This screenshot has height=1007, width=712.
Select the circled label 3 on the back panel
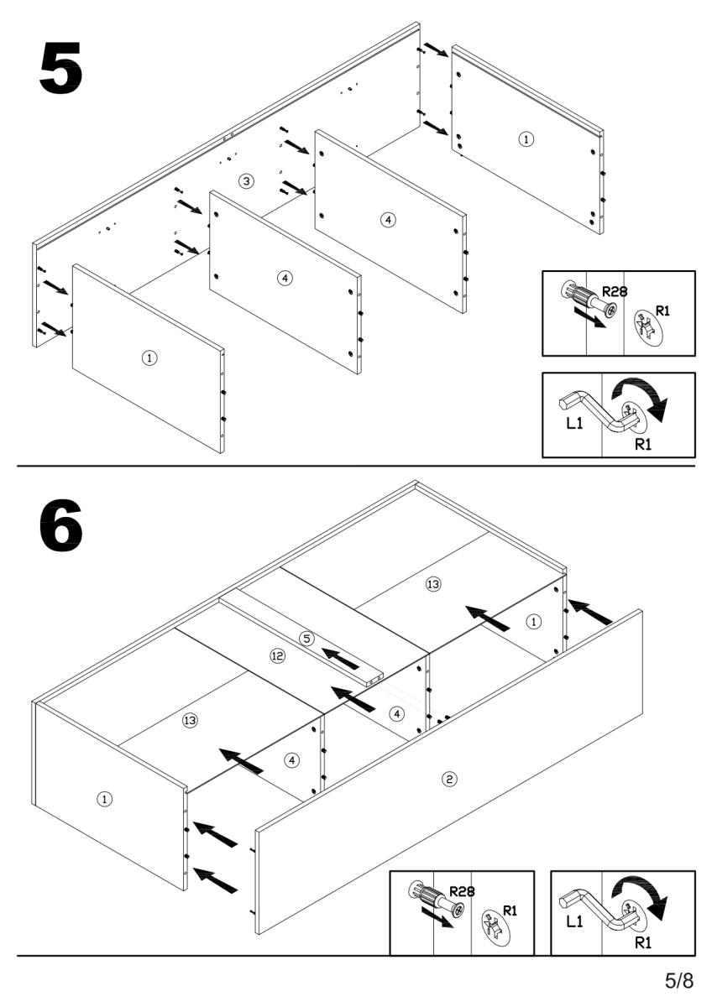point(245,181)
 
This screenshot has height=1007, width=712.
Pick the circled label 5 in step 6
point(307,639)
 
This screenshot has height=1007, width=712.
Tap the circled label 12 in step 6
point(278,655)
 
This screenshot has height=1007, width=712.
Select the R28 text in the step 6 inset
point(462,890)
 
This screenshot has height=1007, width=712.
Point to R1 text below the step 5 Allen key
point(642,444)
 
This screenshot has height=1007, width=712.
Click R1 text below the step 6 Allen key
point(642,942)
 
